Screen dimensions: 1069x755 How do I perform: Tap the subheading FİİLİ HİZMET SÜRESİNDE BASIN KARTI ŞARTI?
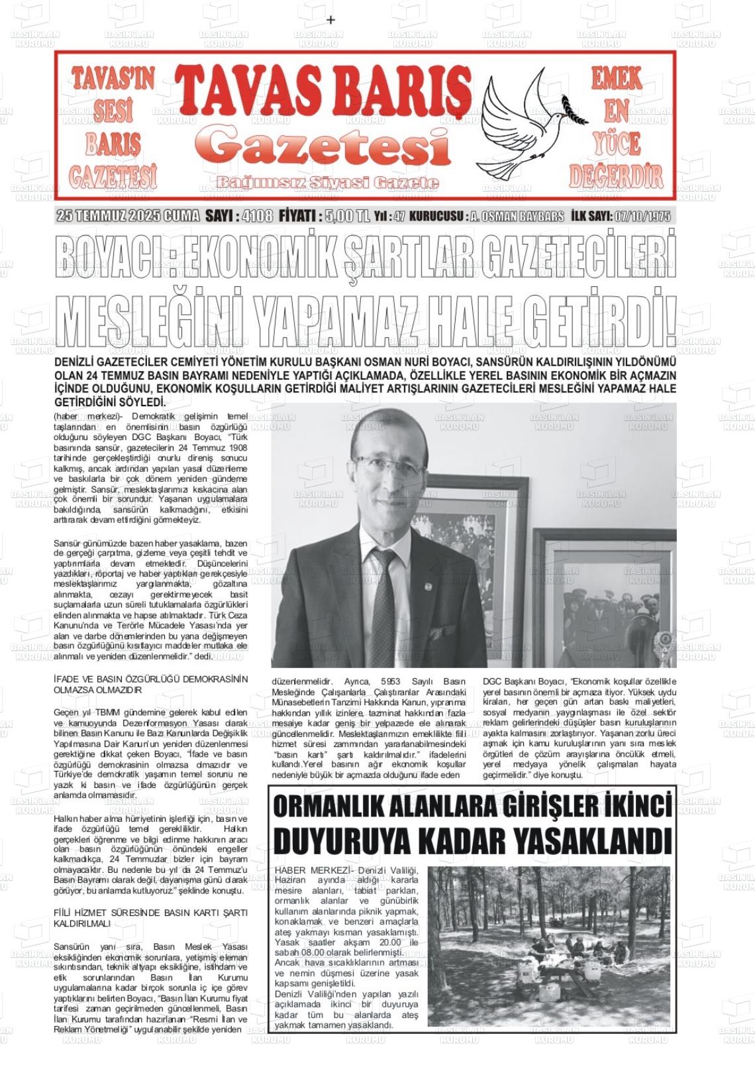[150, 913]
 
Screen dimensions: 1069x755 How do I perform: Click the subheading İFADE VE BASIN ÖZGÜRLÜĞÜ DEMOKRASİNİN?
[150, 679]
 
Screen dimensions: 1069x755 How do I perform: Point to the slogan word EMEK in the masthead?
[617, 80]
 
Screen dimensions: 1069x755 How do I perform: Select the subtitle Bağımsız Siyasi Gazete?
[328, 182]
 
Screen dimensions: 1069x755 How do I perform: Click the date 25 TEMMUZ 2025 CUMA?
[128, 216]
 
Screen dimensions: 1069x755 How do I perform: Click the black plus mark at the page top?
[331, 20]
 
